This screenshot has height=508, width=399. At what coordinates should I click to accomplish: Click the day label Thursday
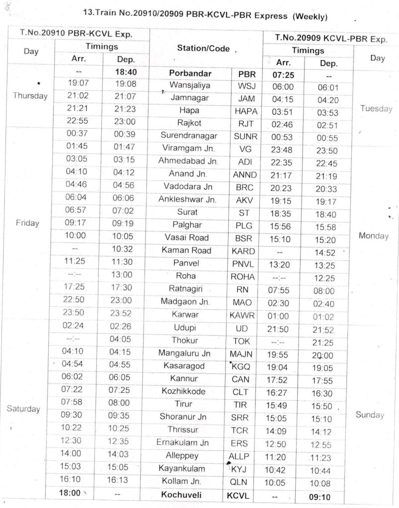31,96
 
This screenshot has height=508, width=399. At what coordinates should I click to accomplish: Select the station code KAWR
242,315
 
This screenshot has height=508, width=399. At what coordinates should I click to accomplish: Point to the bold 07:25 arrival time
284,75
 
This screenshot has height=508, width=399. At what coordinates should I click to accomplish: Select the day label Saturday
23,409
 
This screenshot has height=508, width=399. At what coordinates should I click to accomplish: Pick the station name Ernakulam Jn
182,442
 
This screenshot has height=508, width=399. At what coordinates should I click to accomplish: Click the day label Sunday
370,415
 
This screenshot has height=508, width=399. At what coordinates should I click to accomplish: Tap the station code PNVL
242,263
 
